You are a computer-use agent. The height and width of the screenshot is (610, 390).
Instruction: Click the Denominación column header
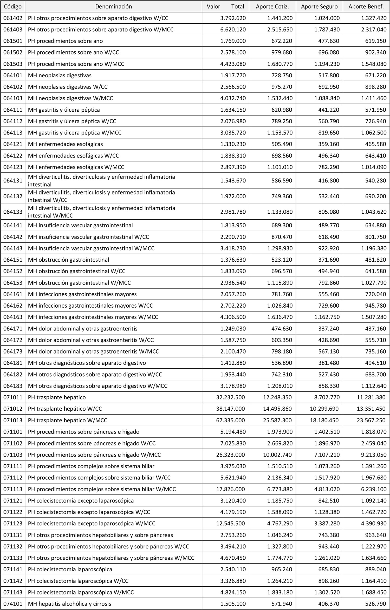click(x=114, y=7)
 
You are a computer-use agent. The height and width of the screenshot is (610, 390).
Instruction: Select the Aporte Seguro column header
click(x=319, y=7)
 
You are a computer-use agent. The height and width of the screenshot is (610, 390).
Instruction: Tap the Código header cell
click(x=12, y=7)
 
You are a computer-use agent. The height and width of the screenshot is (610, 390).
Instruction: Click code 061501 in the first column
click(x=13, y=41)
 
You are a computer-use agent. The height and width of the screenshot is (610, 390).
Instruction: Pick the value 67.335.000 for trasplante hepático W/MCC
click(x=230, y=420)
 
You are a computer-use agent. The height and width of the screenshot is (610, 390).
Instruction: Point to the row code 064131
click(x=13, y=181)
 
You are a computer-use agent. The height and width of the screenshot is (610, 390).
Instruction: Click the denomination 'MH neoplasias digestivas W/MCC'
click(x=70, y=98)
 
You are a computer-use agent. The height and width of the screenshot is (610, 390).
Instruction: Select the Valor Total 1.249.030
click(x=233, y=329)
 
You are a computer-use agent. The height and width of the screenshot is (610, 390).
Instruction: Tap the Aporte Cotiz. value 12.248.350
click(x=277, y=397)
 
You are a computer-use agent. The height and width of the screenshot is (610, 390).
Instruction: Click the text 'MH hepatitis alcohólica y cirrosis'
click(x=69, y=604)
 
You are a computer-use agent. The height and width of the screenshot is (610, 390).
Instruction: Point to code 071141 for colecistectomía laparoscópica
click(x=13, y=570)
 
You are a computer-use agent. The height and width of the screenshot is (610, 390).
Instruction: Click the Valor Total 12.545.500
click(x=230, y=524)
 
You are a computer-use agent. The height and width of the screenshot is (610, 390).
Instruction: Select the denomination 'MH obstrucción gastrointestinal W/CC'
click(x=77, y=271)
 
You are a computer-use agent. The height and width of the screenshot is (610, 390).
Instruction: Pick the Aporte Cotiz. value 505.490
click(x=282, y=144)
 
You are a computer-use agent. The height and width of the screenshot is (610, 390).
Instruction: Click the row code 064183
click(x=13, y=386)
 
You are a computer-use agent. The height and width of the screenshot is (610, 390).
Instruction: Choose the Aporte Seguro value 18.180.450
click(x=324, y=420)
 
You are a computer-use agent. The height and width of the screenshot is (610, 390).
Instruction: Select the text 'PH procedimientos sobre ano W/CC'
click(x=74, y=52)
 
